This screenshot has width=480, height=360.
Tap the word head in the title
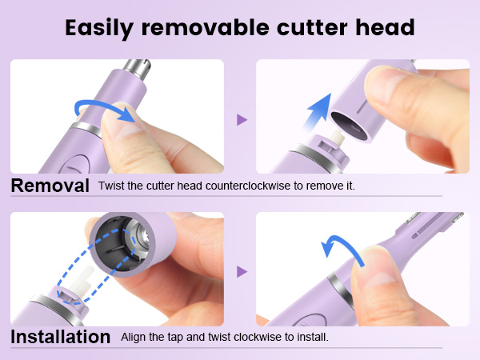[384, 28]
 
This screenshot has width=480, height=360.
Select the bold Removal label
[50, 186]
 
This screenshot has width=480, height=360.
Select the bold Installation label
[60, 337]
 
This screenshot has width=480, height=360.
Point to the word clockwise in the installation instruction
[259, 337]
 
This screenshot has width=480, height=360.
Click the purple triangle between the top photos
[241, 119]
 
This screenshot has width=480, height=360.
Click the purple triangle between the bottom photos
[241, 271]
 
